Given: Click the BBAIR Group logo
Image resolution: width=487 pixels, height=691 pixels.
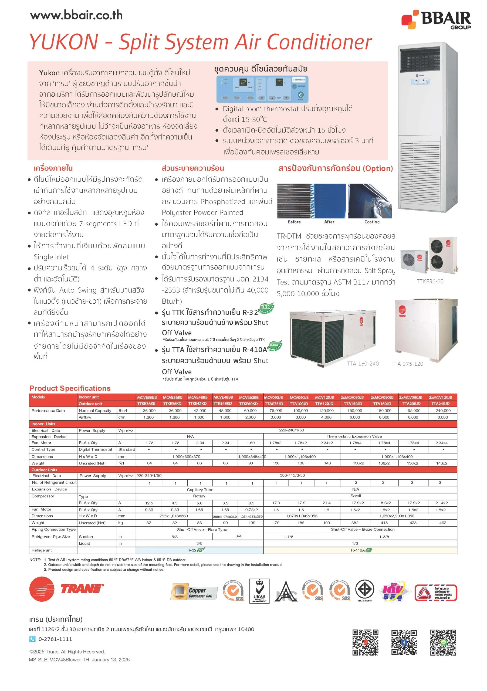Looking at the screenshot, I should tap(436, 19).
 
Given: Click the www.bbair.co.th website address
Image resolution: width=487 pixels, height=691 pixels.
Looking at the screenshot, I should tap(76, 15).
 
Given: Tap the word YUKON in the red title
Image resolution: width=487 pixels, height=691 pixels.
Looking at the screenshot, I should tap(64, 42).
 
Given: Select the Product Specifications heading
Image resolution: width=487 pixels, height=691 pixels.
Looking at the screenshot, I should tap(70, 388).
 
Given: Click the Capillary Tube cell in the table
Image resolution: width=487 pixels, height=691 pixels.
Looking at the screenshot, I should tap(200, 490).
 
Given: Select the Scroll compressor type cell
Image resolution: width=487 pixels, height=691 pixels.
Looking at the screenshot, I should tap(355, 496).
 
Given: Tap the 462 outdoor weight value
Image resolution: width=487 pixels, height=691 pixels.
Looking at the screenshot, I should tap(442, 523).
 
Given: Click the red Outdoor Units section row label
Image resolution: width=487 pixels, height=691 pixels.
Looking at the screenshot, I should tap(44, 470).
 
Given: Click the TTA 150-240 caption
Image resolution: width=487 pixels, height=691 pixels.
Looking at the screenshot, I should tap(363, 364).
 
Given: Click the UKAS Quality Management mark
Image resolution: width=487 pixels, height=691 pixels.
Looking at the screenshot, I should tap(259, 591).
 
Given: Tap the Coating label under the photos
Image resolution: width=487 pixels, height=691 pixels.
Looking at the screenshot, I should tap(372, 222).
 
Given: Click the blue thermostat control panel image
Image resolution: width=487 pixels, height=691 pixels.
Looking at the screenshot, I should tap(262, 89).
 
